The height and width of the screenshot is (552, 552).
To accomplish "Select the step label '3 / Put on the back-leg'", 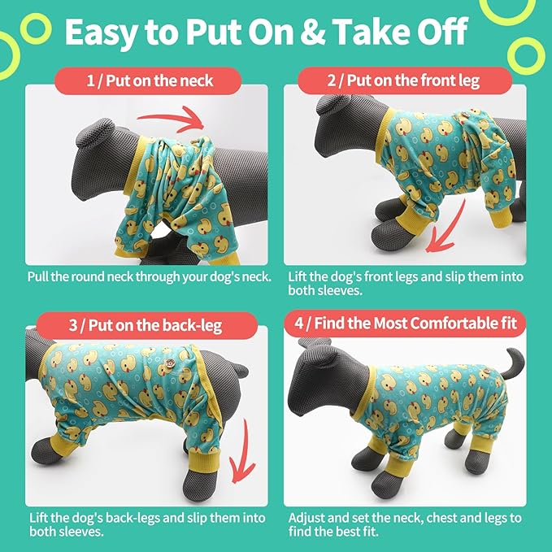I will pyautogui.click(x=146, y=325).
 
